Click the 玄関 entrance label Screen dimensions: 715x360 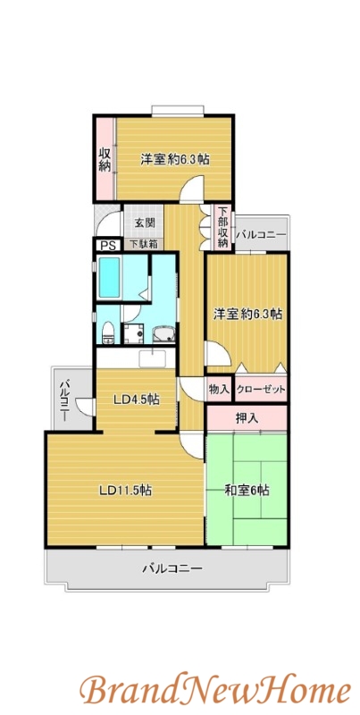tap(145, 223)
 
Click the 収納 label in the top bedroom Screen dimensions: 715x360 tap(105, 159)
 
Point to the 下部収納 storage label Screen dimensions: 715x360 tap(221, 227)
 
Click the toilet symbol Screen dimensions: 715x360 tap(107, 332)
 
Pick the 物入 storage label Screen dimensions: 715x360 tap(219, 390)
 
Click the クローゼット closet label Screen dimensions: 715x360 tap(261, 390)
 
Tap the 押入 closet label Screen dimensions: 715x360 tap(247, 417)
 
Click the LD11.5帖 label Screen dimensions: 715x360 tap(124, 490)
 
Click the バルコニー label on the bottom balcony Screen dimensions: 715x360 tap(172, 568)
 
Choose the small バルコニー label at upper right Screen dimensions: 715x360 tap(261, 234)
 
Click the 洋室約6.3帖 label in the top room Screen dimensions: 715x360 tap(174, 159)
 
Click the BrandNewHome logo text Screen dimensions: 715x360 tap(214, 689)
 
